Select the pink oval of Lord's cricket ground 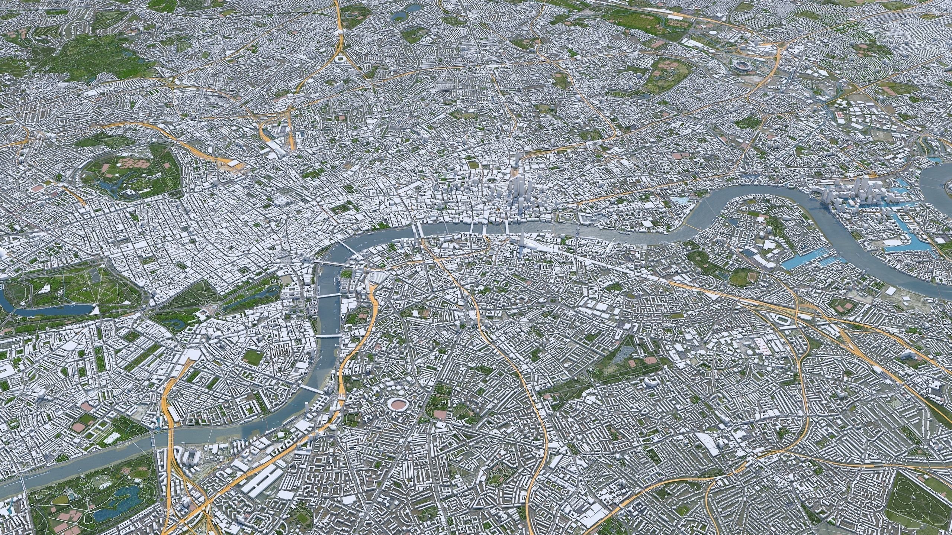pyautogui.click(x=37, y=188)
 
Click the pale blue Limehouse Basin pyautogui.click(x=681, y=201)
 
